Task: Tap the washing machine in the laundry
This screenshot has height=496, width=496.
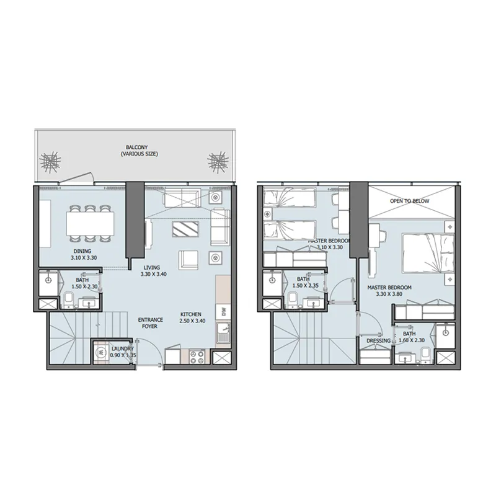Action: coord(100,352)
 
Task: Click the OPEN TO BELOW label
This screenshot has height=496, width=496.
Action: coord(409,201)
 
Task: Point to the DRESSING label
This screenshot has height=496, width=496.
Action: coord(378,341)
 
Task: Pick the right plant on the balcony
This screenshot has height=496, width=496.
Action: coord(217,162)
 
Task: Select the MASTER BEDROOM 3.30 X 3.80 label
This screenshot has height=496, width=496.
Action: coord(389,291)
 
